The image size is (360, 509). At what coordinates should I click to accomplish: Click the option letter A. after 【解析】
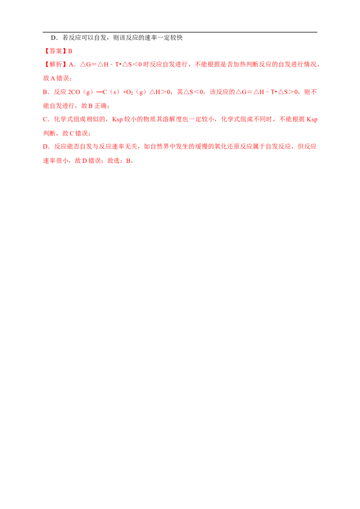tap(72, 64)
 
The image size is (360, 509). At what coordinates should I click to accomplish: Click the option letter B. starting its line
tap(45, 92)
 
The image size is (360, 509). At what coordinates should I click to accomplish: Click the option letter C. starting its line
tap(45, 120)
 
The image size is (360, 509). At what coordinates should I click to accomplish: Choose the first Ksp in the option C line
tap(117, 120)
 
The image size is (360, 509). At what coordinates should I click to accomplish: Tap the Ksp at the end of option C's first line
tap(314, 120)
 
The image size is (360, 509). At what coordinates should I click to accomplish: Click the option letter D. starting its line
tap(45, 147)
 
